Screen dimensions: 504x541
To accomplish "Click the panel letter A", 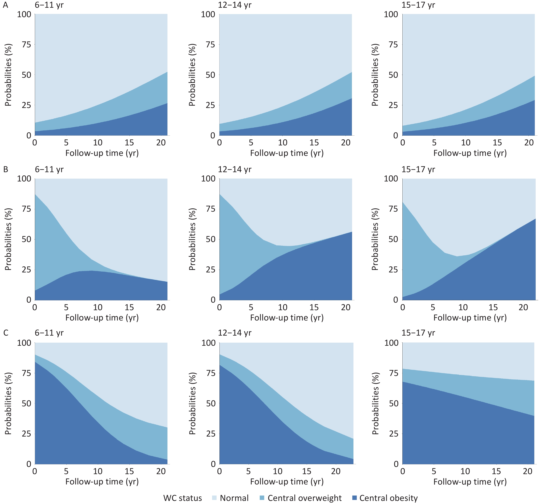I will point(6,5).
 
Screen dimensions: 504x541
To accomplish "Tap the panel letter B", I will point(6,169).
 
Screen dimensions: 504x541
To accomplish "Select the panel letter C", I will point(6,333).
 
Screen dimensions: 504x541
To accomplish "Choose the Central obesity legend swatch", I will point(354,498).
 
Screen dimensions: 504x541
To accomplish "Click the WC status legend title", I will point(183,498).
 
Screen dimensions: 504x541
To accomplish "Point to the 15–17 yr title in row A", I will point(418,5).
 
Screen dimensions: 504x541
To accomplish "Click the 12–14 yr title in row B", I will point(235,169).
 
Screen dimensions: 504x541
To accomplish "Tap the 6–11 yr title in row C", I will point(49,333).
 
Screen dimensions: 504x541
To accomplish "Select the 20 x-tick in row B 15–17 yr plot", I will point(523,307).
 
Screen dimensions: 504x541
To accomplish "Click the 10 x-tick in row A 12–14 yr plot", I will point(283,142).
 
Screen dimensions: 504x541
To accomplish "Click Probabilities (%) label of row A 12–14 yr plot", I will point(192,75).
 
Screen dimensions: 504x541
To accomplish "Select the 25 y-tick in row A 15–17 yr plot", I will point(393,105).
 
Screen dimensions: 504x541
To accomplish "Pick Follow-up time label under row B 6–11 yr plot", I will point(102,318).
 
